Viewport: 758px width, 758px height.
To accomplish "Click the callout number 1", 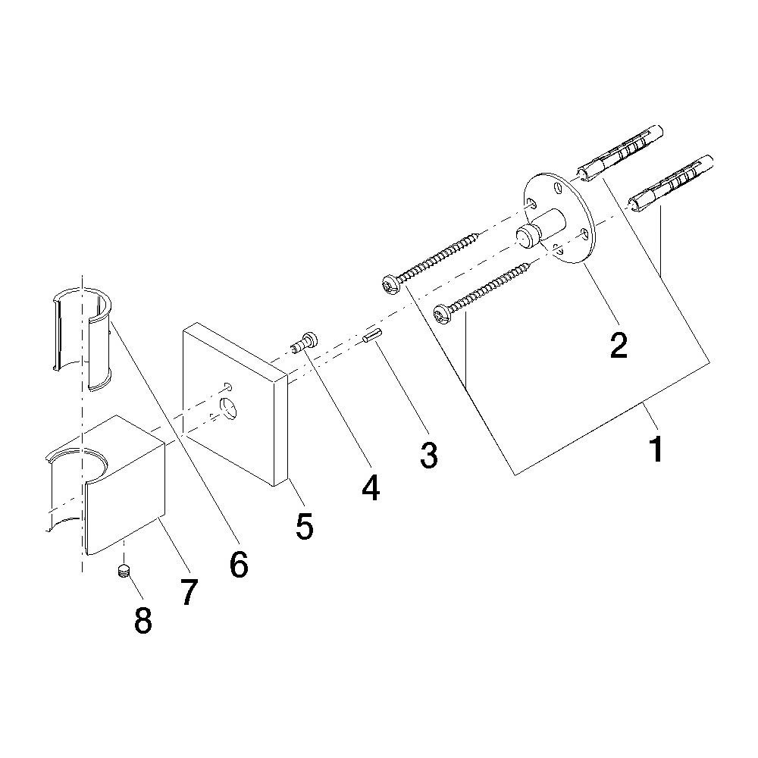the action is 656,448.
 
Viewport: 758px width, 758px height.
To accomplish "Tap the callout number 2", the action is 619,345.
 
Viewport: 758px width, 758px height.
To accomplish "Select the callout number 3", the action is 429,454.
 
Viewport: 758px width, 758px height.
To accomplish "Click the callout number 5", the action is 305,526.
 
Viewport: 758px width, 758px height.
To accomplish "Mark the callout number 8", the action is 143,620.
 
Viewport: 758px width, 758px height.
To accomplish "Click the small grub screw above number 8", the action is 124,571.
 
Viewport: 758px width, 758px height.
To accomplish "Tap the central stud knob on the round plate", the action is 525,236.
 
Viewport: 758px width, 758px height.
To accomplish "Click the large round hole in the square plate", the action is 229,406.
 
